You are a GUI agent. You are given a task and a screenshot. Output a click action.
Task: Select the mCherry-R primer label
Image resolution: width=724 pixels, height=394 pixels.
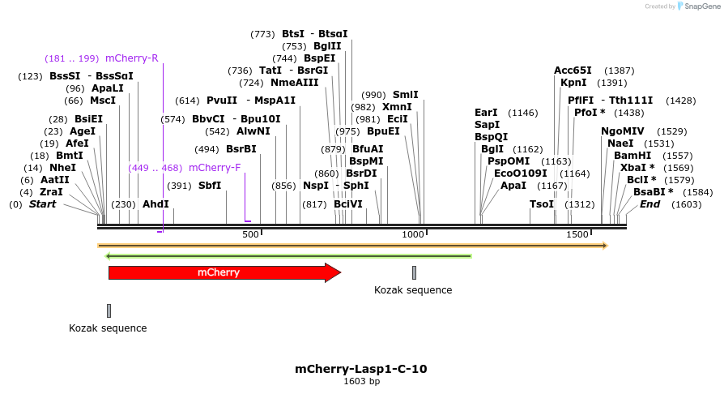[x=131, y=58]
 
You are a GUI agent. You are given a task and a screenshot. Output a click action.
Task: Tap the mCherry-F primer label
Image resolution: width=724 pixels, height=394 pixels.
[x=215, y=168]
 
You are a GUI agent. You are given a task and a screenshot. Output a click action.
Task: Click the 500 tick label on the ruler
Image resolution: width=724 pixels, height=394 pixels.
[x=250, y=234]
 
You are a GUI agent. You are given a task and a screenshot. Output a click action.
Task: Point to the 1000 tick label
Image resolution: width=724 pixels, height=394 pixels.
[x=414, y=234]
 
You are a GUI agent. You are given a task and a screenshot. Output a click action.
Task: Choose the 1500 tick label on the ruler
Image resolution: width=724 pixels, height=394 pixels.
[x=577, y=234]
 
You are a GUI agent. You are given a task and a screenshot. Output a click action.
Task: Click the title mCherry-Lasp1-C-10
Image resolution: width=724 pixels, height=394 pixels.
[x=361, y=369]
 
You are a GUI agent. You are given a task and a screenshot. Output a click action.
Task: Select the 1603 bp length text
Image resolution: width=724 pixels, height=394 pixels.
[x=361, y=381]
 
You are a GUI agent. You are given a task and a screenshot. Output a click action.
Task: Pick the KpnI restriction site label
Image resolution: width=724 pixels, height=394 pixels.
[x=573, y=83]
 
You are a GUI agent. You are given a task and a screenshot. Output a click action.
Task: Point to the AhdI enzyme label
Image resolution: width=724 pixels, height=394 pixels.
[x=155, y=204]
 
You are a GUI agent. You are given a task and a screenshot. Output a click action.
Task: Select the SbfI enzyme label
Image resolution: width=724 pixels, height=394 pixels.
[x=210, y=186]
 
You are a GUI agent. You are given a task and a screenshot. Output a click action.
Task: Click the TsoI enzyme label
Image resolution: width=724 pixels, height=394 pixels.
[x=541, y=204]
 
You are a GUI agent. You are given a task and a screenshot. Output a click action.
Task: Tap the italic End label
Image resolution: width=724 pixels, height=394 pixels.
[x=649, y=204]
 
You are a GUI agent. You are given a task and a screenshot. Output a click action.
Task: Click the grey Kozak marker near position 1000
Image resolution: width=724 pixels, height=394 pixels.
[x=414, y=272]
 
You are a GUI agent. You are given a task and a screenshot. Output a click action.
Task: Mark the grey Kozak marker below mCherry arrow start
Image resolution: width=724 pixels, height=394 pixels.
[x=109, y=310]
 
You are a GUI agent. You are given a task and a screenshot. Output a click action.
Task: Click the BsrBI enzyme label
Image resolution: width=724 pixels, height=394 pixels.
[x=241, y=149]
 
